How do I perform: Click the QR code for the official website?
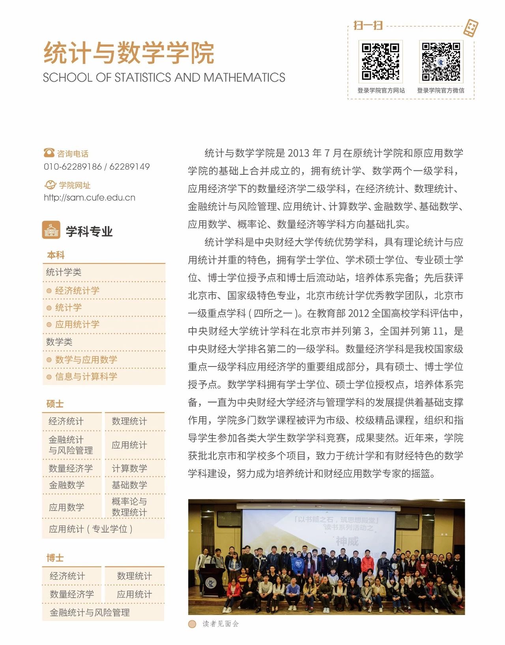pos(380,61)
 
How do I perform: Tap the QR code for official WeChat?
pos(441,61)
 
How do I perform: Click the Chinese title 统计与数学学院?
pos(129,53)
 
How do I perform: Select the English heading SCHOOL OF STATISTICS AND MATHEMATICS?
pos(164,77)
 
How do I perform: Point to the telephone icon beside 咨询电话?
pos(49,153)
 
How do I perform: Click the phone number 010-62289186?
pos(73,166)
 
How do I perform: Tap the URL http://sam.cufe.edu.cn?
pos(90,198)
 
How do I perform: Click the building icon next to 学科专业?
pos(51,230)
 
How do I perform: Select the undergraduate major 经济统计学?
pos(77,291)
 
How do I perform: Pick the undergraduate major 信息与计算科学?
pos(86,376)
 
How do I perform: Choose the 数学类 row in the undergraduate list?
pos(59,342)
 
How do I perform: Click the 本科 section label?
pos(56,255)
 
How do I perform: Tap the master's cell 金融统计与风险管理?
pos(71,445)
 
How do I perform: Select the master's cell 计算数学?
pos(129,468)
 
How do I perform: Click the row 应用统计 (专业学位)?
pos(90,529)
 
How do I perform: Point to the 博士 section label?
pos(55,558)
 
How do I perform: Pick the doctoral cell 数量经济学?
pos(72,594)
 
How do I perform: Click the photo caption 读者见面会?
pos(221,624)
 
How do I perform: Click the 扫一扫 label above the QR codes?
pos(368,26)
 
